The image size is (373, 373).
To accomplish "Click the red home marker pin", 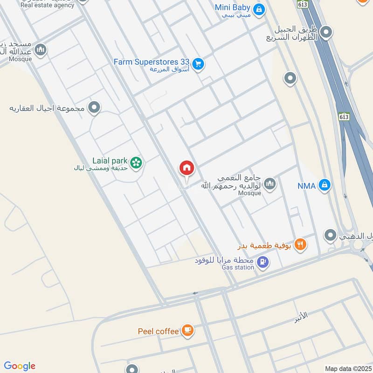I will click(187, 168).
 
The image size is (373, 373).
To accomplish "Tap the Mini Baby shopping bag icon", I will click(259, 8).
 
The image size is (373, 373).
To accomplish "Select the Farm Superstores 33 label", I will click(152, 62).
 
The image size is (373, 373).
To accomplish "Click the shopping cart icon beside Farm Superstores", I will click(198, 64).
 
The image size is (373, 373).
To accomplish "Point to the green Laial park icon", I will click(136, 162).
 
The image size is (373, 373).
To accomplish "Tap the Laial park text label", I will click(110, 161).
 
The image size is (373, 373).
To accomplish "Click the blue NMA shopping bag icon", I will click(325, 186).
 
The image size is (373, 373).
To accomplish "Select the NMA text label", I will click(307, 186).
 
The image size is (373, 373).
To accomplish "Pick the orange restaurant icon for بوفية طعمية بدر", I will click(301, 244).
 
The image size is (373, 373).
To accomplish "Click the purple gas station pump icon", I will click(263, 263).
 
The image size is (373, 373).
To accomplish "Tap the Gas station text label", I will click(238, 267).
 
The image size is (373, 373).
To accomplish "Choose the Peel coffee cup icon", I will click(187, 331).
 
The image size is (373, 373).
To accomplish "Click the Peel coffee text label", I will click(159, 332).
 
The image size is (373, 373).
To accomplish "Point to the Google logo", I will click(20, 366).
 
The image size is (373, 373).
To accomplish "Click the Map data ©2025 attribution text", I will click(347, 368).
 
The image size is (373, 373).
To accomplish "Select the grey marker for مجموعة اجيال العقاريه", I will click(94, 108).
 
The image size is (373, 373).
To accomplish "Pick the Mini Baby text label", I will click(232, 7).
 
